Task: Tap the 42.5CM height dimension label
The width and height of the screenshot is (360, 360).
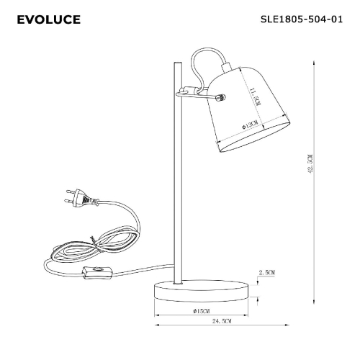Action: point(310,165)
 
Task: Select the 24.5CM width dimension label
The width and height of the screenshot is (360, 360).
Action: point(222,320)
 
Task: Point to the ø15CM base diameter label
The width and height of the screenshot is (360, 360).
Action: point(201,310)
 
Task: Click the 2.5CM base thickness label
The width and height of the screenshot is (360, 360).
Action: point(267,272)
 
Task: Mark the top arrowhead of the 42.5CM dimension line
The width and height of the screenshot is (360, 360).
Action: point(315,61)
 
